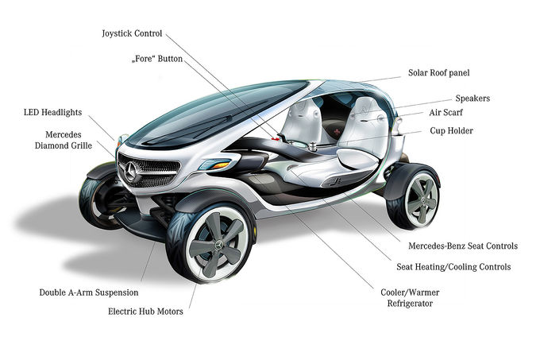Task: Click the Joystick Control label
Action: coord(132,33)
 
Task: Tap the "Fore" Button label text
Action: coord(157,59)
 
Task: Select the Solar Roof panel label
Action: coord(438,72)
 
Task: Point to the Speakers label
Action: coord(472,99)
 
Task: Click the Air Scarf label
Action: coord(445,112)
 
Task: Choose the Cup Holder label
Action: coord(451,131)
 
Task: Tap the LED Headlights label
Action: coord(52,112)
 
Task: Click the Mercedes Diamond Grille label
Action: coord(64,140)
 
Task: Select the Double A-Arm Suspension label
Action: coord(89,292)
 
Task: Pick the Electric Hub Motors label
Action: coord(145,312)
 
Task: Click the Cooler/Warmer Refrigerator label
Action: coord(410,298)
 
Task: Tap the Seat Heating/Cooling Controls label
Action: coord(453,267)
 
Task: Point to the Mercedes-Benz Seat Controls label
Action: coord(463,246)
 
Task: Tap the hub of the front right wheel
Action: coord(218,245)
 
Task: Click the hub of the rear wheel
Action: coord(421,200)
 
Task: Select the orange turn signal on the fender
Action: coord(218,165)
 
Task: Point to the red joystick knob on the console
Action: coord(275,138)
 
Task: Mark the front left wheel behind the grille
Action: coord(101,199)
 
